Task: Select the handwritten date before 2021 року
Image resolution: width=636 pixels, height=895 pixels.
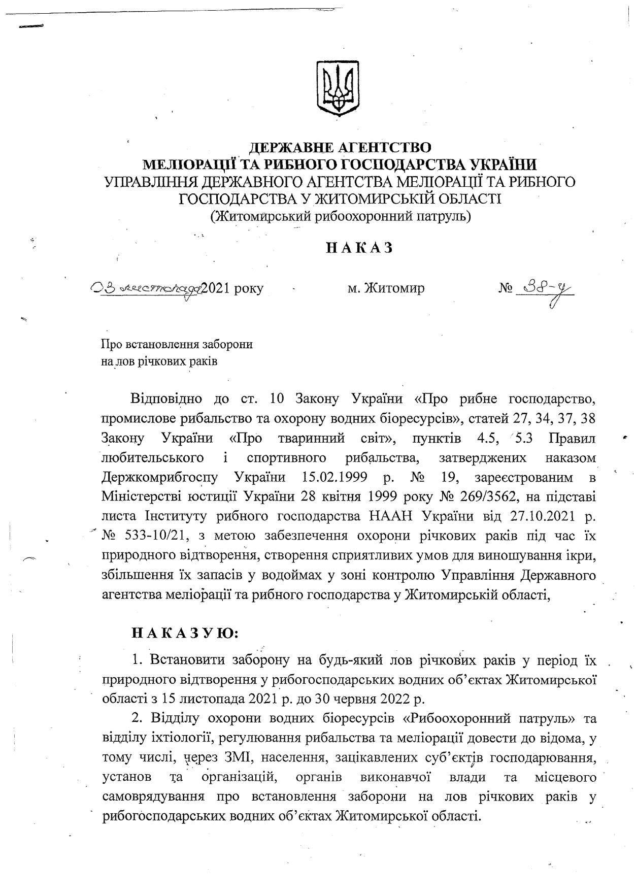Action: [x=146, y=288]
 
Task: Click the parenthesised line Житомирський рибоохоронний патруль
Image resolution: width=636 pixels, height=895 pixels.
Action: [x=340, y=216]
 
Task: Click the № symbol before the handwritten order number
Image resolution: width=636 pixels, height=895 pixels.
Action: [x=505, y=289]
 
